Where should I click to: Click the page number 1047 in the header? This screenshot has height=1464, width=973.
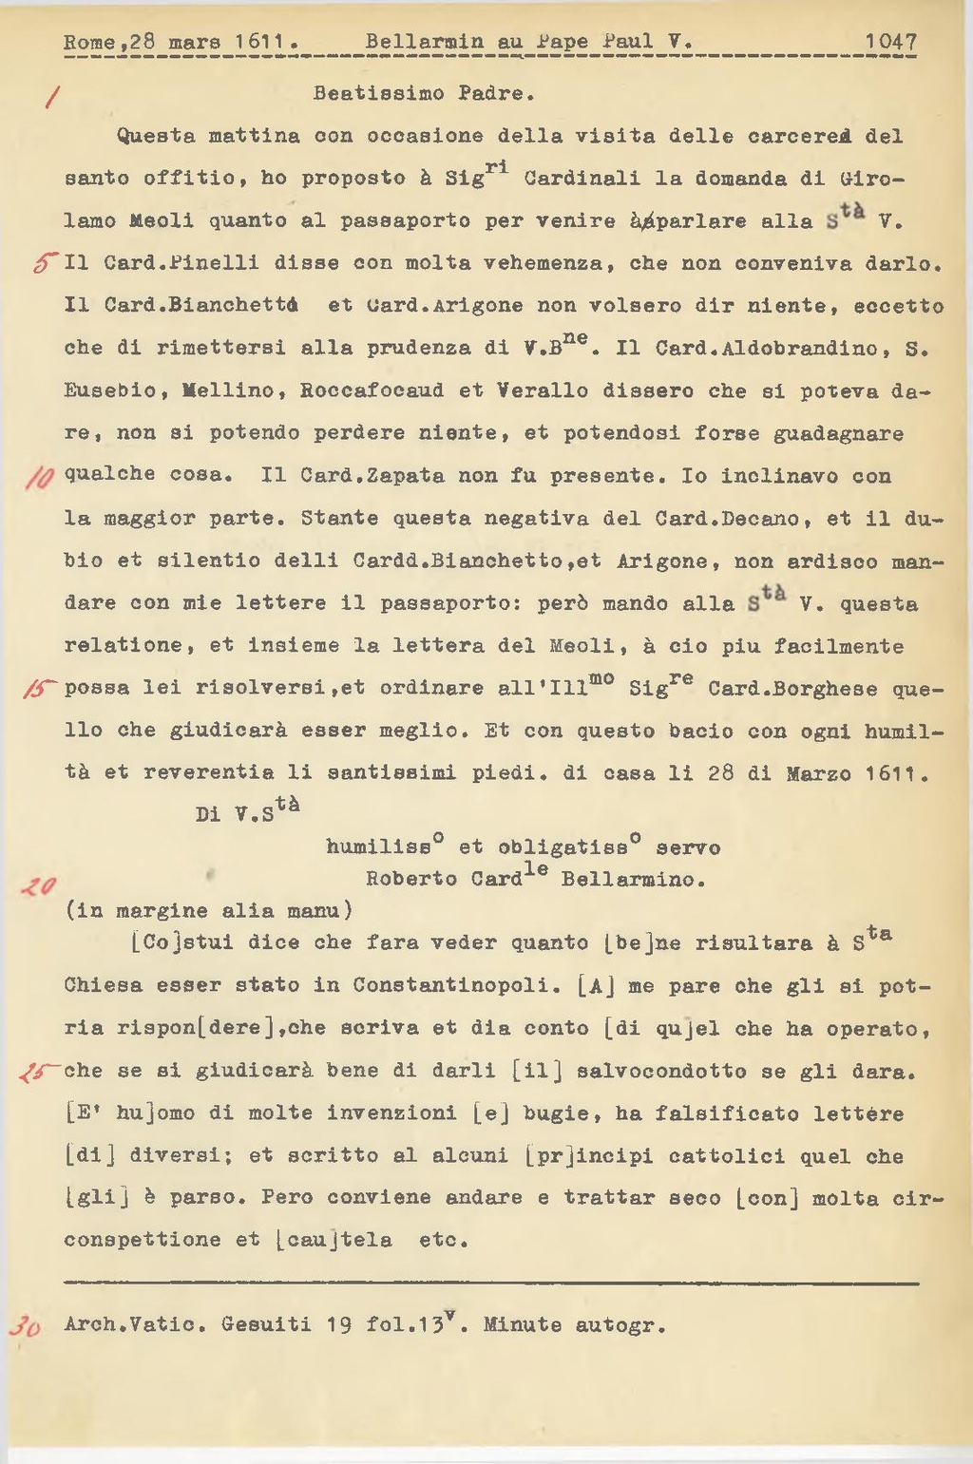point(890,43)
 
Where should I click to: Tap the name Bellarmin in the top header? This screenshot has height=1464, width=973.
point(424,43)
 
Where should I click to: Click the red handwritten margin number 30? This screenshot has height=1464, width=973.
point(26,1326)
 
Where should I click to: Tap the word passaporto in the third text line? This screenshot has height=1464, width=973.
point(406,221)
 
